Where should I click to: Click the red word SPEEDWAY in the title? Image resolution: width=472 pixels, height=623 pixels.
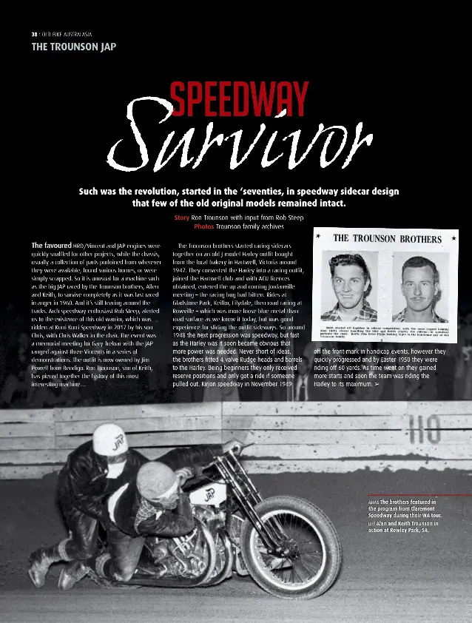click(x=238, y=101)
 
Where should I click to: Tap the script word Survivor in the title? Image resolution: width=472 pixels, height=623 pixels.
click(x=237, y=141)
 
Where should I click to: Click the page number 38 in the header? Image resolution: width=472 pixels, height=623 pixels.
click(x=34, y=34)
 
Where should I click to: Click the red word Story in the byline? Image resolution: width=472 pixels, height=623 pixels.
click(x=181, y=218)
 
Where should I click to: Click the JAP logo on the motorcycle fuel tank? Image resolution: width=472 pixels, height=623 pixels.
click(x=209, y=494)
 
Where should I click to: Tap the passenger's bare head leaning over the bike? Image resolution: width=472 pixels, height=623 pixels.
click(x=156, y=477)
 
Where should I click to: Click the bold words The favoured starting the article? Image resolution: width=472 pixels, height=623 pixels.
click(x=50, y=245)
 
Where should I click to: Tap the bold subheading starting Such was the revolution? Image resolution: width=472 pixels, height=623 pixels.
click(x=238, y=196)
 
